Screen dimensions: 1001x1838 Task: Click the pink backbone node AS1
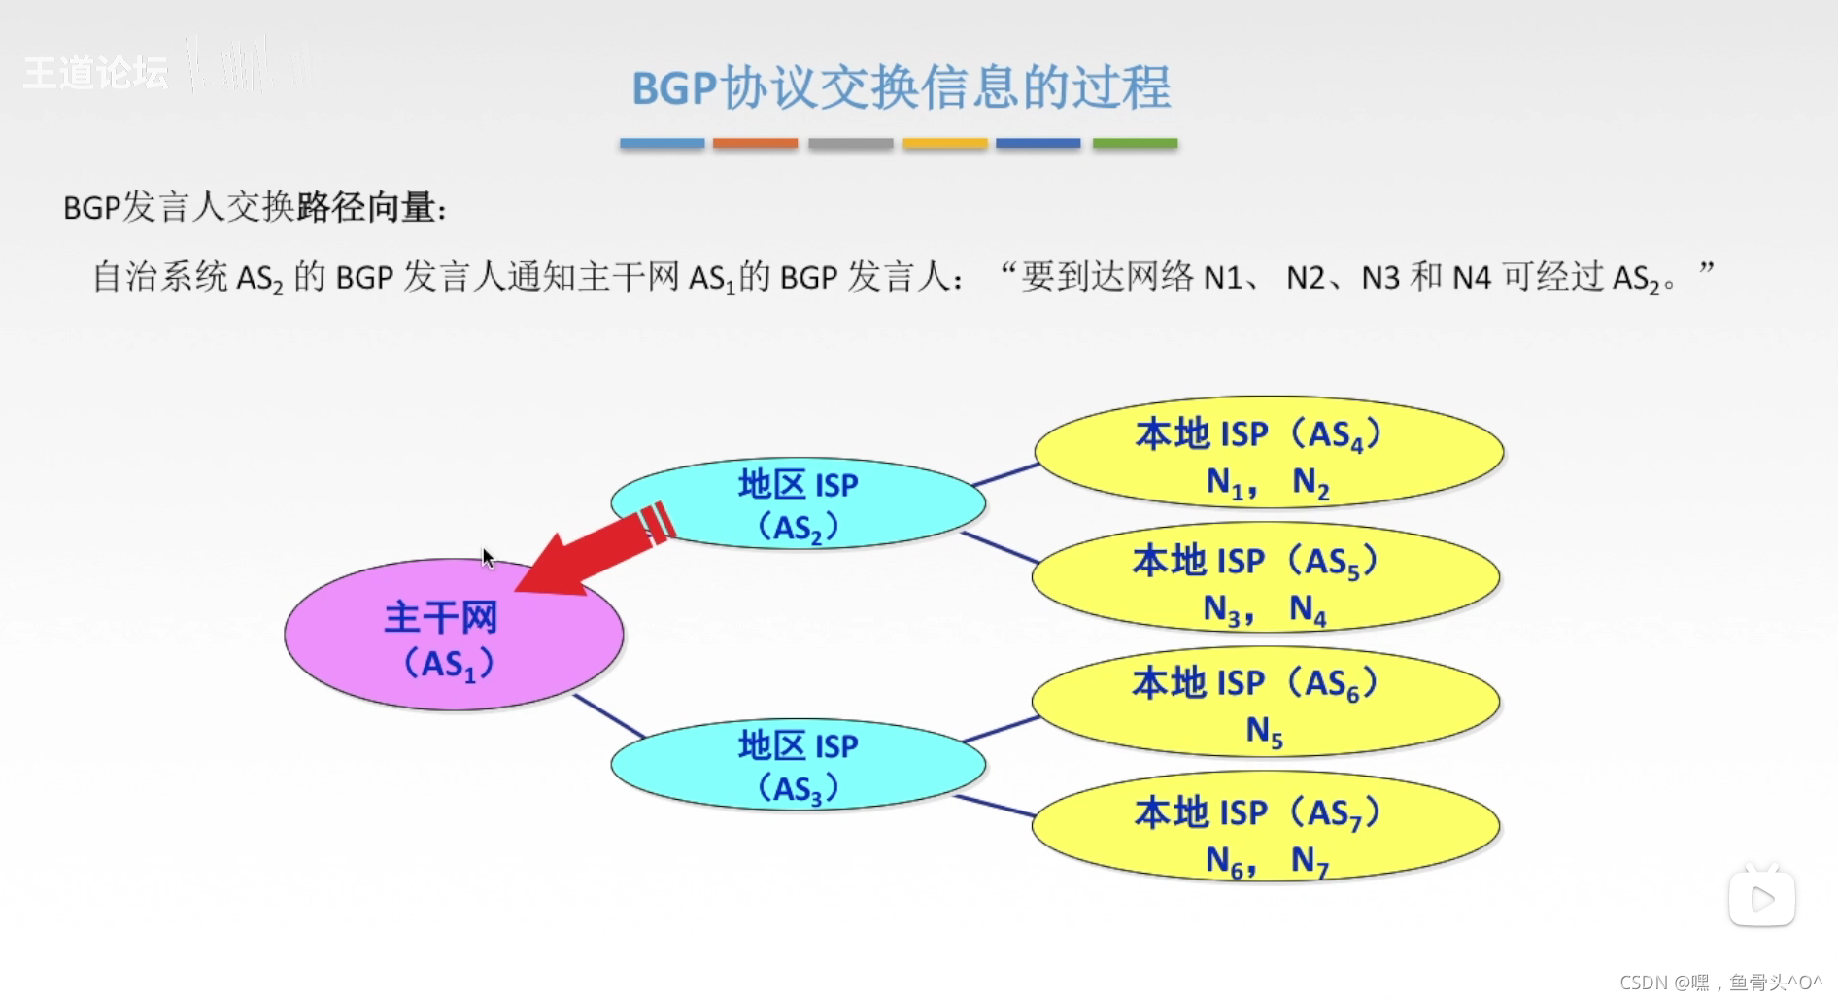[453, 635]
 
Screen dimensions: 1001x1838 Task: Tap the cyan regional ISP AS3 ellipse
[798, 765]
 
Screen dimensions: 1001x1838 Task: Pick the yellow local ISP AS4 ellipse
[1268, 452]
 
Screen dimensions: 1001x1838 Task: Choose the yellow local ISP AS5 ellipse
[1265, 578]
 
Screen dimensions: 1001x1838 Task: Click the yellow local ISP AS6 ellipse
[1265, 702]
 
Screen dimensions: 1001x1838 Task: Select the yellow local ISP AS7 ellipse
[1265, 827]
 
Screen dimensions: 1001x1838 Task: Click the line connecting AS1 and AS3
[609, 715]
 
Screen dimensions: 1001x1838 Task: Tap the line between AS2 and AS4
[1005, 474]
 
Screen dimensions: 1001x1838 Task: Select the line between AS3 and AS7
[995, 806]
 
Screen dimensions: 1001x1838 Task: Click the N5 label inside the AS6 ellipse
[1264, 731]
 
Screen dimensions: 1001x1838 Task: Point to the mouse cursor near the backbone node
[487, 557]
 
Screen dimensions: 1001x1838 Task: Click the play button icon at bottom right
[1761, 898]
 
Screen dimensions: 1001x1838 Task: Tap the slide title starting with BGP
[901, 87]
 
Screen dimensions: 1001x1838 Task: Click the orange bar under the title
[755, 143]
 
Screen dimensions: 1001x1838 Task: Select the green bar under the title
[1135, 143]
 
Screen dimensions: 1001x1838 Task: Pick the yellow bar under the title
[944, 143]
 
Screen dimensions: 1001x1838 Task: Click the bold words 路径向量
[365, 207]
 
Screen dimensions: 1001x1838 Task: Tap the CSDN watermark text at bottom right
[1720, 983]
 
